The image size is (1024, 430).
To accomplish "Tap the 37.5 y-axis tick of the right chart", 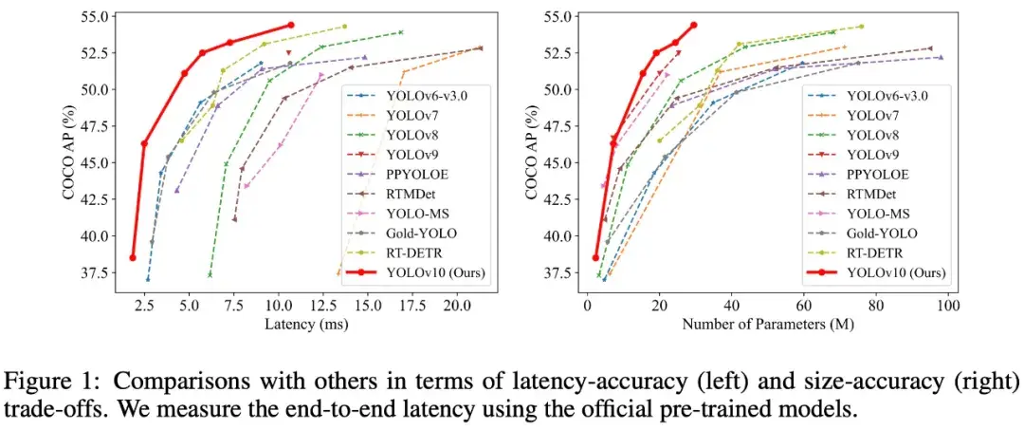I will pyautogui.click(x=559, y=273).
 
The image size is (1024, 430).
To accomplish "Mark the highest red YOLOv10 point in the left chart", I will pyautogui.click(x=290, y=25).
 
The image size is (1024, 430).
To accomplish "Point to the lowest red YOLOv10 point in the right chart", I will pyautogui.click(x=595, y=257).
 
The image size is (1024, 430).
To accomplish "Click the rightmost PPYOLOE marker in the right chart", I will pyautogui.click(x=941, y=58).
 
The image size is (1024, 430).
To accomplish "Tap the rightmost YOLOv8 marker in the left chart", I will pyautogui.click(x=401, y=32).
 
